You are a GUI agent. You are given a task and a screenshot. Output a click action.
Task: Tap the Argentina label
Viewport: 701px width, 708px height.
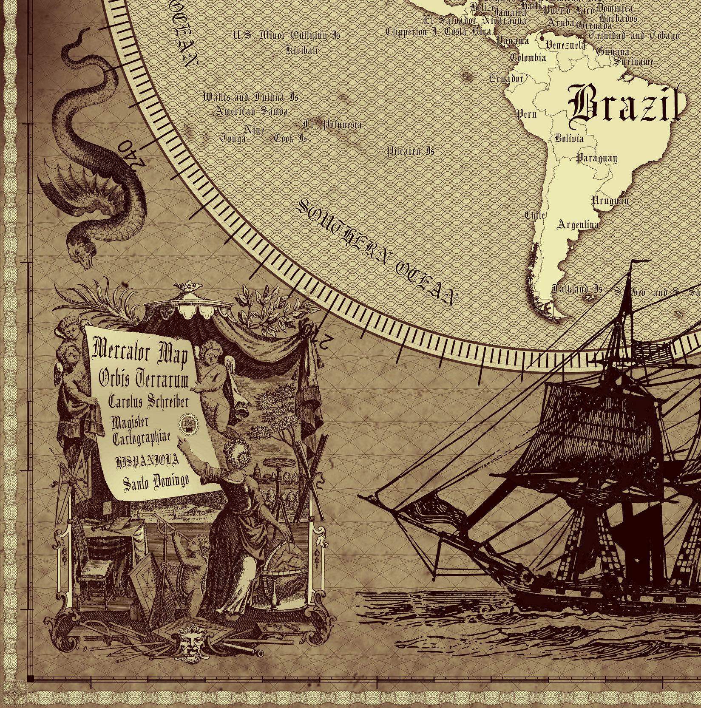pyautogui.click(x=578, y=224)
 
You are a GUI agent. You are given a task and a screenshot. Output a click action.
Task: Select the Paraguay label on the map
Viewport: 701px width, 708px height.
pyautogui.click(x=596, y=158)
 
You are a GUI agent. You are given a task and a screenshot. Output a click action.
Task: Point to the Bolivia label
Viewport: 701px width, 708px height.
pyautogui.click(x=569, y=139)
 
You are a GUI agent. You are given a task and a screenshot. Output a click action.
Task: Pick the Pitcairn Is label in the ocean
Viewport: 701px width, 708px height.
pyautogui.click(x=410, y=151)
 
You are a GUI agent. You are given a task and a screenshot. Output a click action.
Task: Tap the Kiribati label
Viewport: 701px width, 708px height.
pyautogui.click(x=302, y=51)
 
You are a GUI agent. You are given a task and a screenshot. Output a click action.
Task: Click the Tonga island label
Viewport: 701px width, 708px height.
pyautogui.click(x=233, y=139)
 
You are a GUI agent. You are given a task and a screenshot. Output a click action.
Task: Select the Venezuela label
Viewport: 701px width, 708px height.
pyautogui.click(x=565, y=45)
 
